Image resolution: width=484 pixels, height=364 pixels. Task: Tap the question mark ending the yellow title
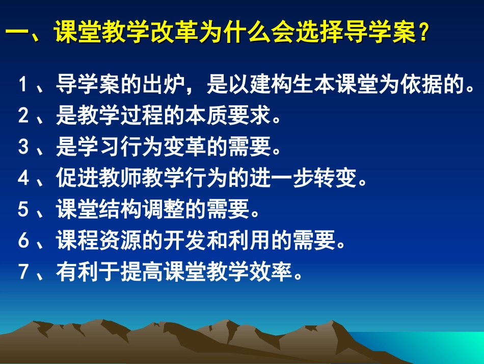[x=422, y=36]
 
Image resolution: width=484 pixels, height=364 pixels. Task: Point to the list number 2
[x=23, y=116]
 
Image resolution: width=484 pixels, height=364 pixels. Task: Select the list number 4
[x=23, y=179]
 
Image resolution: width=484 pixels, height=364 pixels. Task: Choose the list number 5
[x=23, y=210]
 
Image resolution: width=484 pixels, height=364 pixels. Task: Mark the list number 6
[x=23, y=241]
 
